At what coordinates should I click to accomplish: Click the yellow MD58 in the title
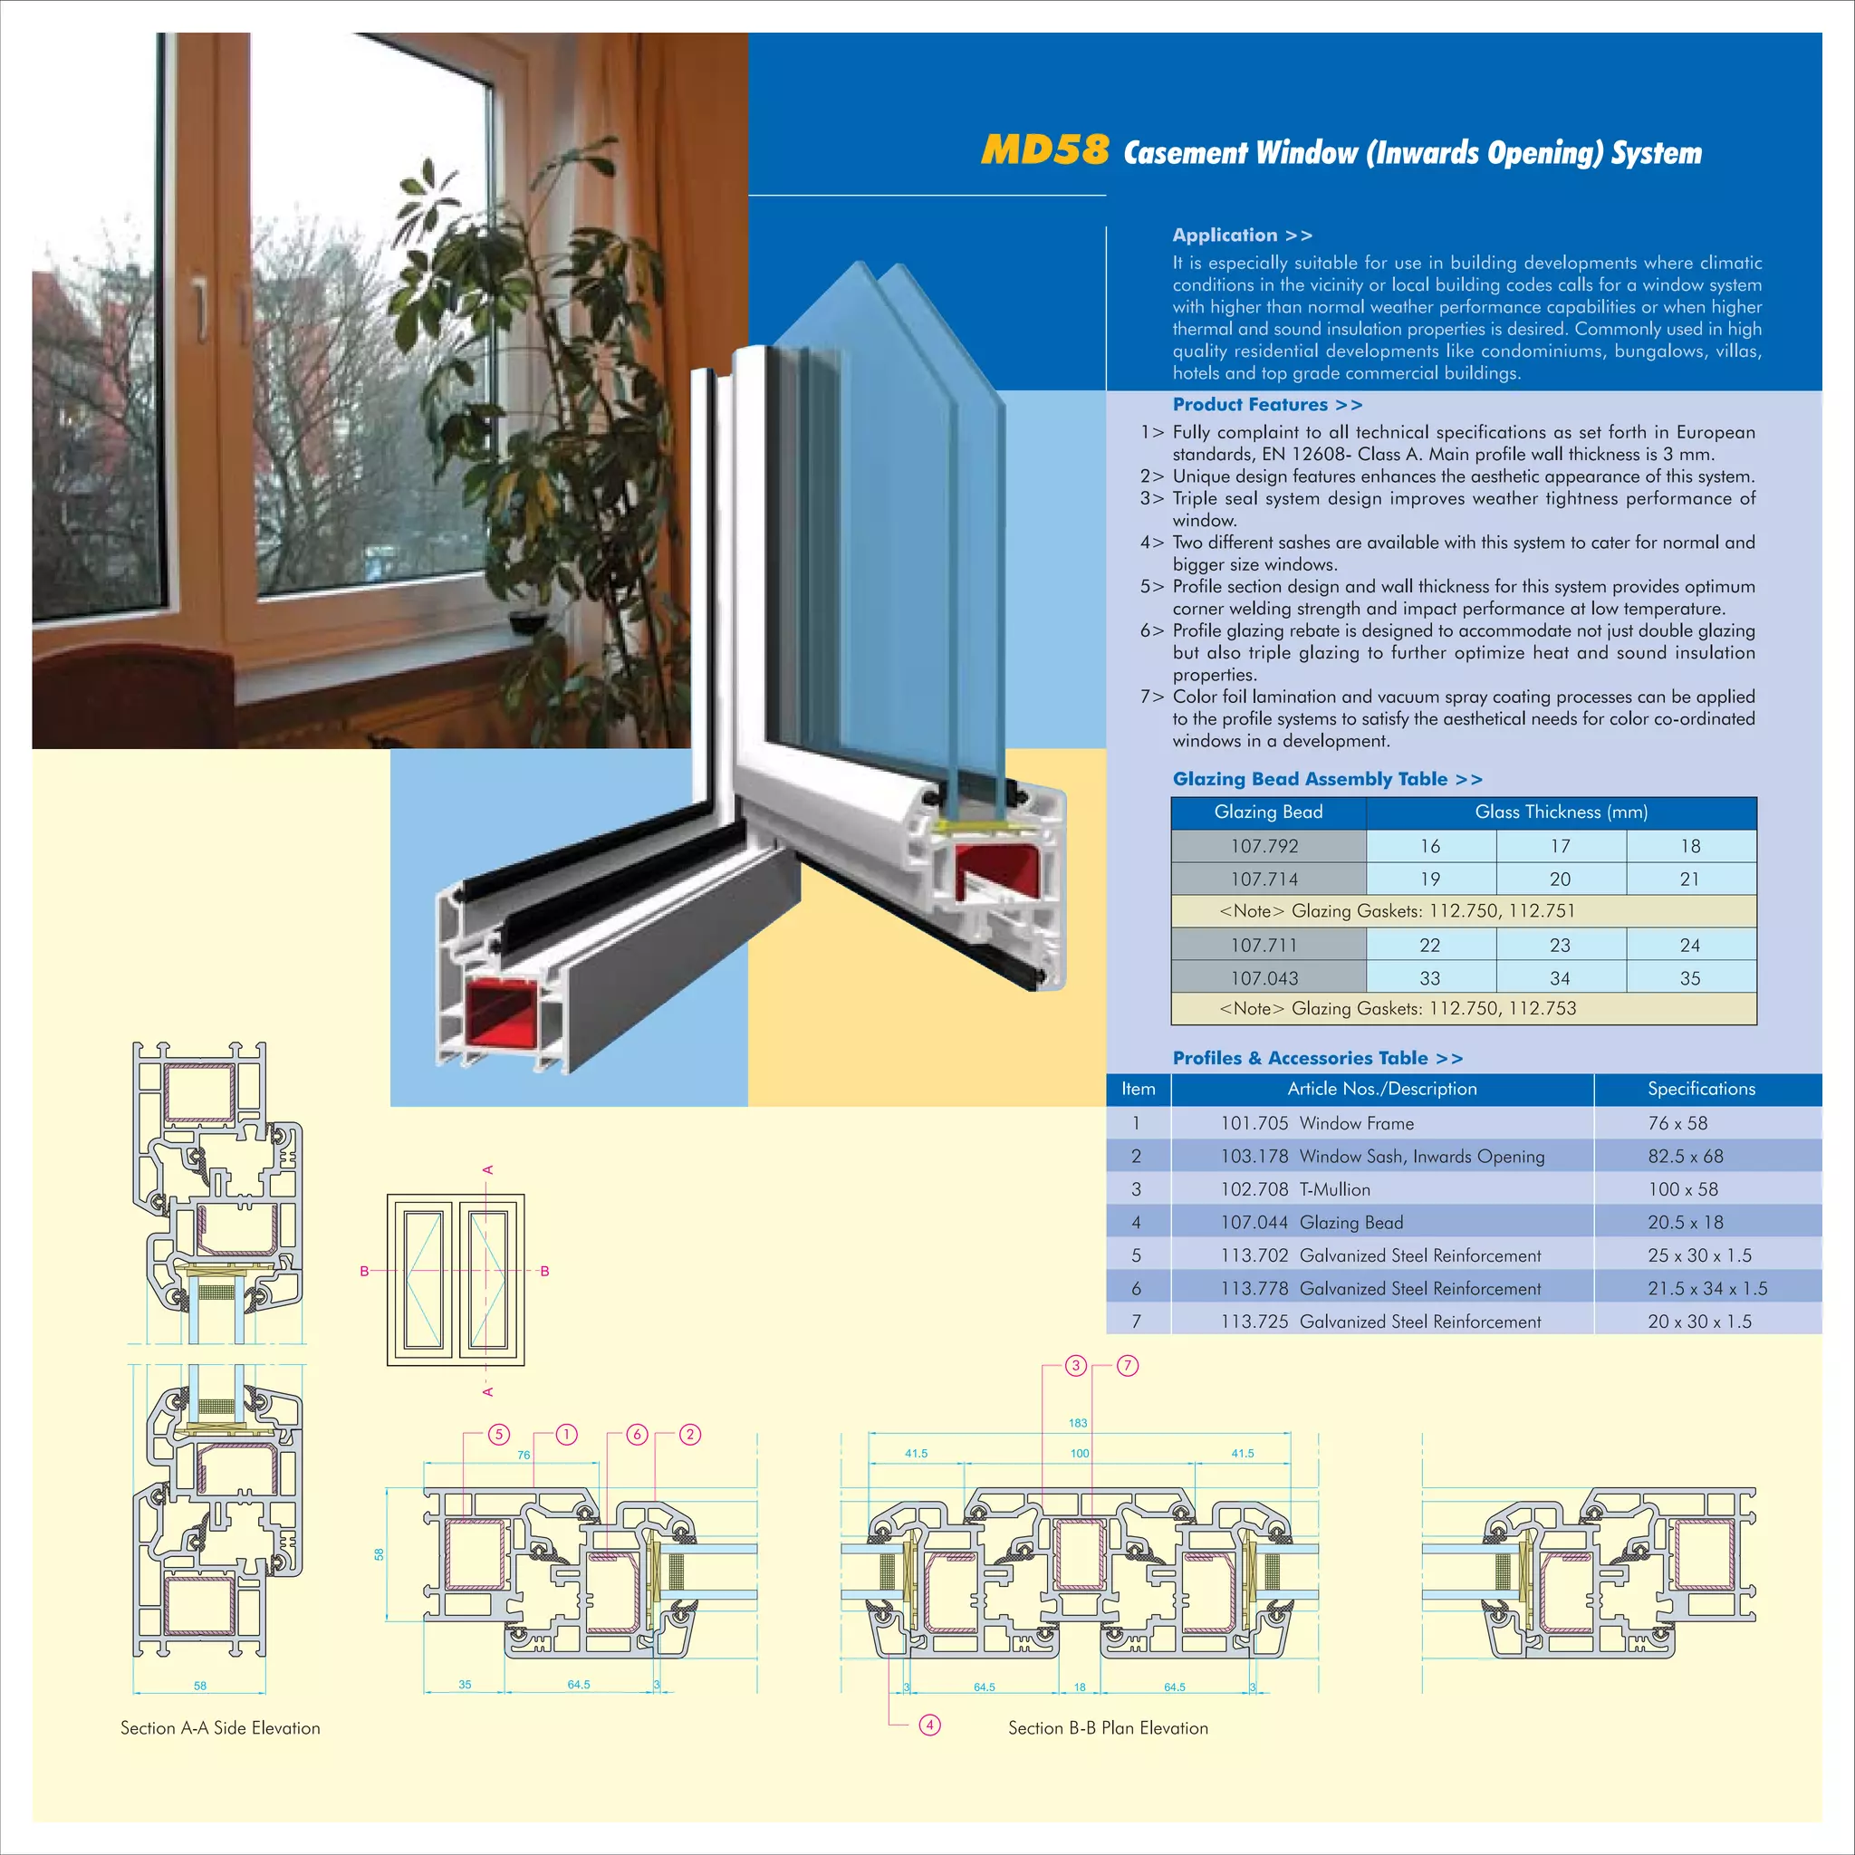1044,149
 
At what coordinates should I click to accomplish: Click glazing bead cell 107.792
1264,846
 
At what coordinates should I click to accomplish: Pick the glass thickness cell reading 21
1689,879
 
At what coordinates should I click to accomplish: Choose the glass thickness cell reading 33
1429,978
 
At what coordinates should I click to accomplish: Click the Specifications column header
1700,1089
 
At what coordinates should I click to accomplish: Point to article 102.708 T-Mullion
1295,1189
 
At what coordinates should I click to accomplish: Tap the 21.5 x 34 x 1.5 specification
1707,1289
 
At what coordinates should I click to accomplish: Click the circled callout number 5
498,1435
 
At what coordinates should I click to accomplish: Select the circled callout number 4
929,1725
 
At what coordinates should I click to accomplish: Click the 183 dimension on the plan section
1077,1423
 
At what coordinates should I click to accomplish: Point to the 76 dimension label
524,1455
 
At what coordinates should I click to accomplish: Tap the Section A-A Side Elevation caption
220,1728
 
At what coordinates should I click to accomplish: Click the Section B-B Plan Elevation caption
1108,1728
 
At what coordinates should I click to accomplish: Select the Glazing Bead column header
1267,812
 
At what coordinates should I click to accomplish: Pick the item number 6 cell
1136,1289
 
